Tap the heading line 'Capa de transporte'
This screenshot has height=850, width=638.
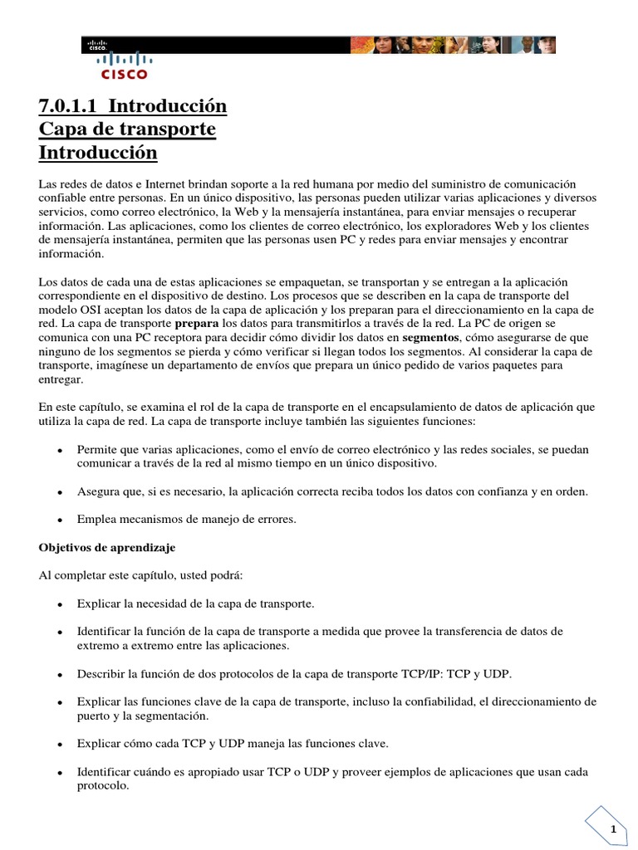click(x=127, y=129)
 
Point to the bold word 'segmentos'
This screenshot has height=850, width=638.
click(x=431, y=338)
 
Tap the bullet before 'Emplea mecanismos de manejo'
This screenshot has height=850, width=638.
click(x=60, y=520)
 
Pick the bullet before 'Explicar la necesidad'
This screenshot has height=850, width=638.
click(x=60, y=603)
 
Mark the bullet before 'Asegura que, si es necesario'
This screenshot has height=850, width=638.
click(x=60, y=491)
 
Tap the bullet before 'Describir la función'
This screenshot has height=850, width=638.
click(x=60, y=673)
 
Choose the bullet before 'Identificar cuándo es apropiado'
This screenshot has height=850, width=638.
click(x=60, y=772)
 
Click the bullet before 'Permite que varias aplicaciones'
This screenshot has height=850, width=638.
click(x=60, y=450)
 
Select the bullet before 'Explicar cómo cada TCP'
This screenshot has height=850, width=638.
click(x=60, y=744)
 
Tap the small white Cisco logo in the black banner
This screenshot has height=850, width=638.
click(x=99, y=46)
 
